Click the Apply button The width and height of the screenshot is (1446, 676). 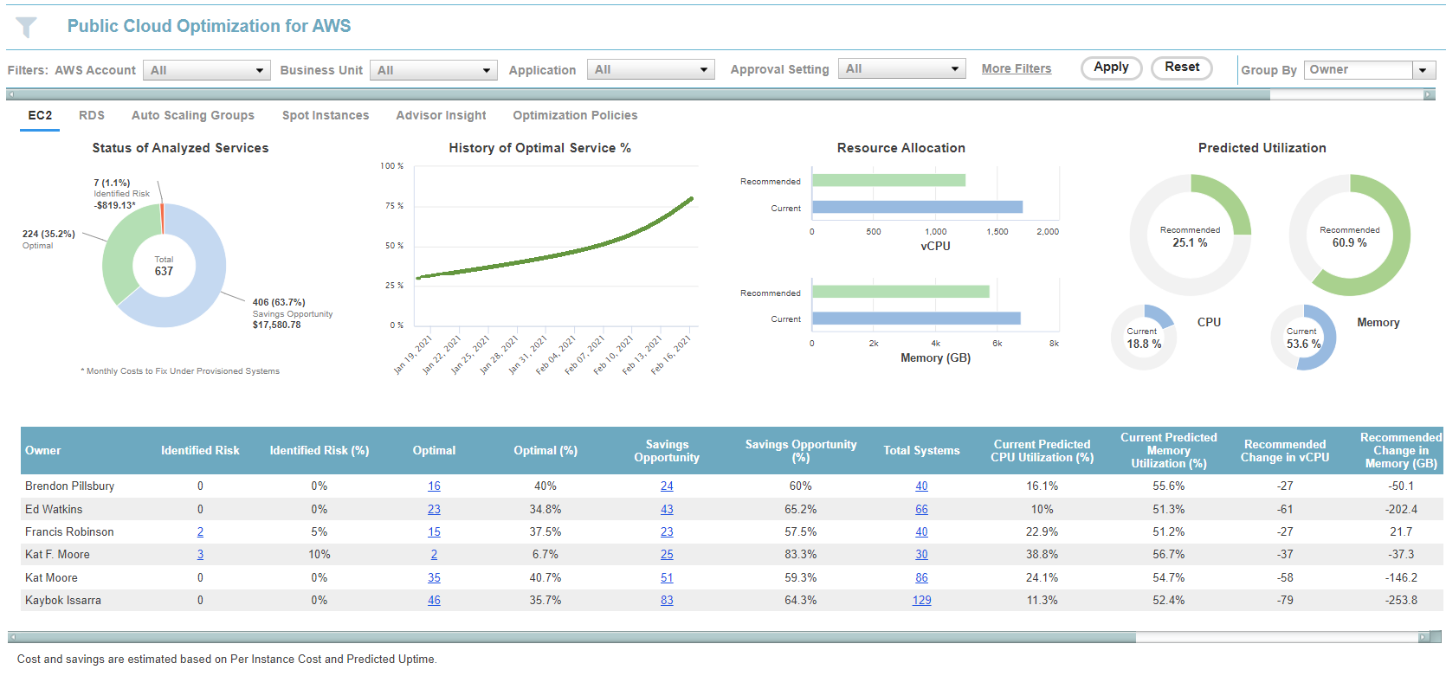[x=1111, y=68]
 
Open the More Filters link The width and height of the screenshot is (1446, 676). [x=1016, y=69]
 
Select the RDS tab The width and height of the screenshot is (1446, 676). [x=91, y=115]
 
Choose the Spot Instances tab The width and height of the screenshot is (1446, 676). [x=325, y=115]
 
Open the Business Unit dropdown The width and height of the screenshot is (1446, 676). [x=433, y=70]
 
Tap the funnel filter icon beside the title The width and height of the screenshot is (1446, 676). [x=27, y=28]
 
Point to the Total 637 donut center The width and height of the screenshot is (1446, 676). [x=164, y=266]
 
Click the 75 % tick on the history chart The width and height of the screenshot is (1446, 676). [x=394, y=206]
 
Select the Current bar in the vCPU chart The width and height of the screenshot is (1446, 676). [x=917, y=208]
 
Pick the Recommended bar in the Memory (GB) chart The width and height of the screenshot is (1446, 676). [x=901, y=293]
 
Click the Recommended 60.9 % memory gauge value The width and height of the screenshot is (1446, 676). [x=1349, y=242]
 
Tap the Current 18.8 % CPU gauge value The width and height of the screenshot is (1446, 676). [x=1144, y=344]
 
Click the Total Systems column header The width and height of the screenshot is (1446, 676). [x=921, y=451]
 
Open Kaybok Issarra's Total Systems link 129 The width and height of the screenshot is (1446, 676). [x=921, y=601]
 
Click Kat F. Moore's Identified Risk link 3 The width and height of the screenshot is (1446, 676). [x=200, y=555]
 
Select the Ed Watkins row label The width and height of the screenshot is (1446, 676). [x=54, y=510]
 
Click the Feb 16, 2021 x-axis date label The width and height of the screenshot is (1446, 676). [x=672, y=355]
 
